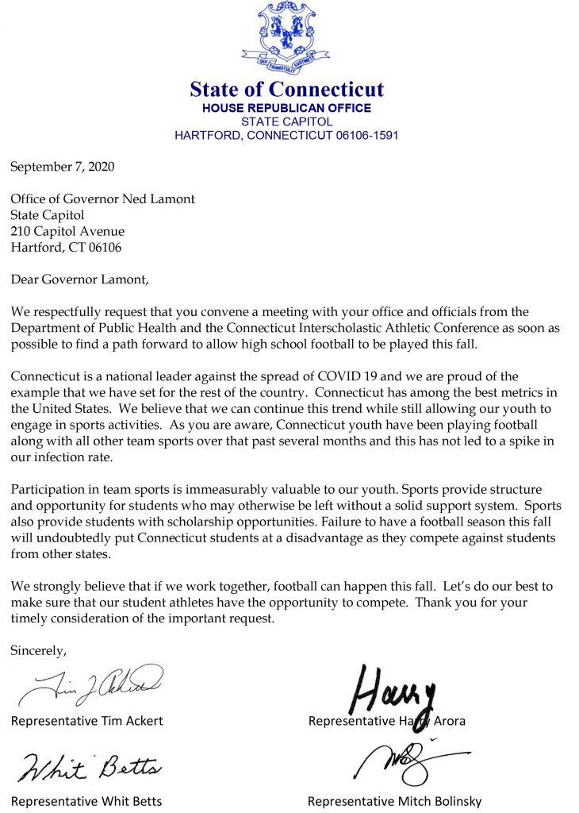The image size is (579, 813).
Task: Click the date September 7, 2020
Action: click(x=63, y=168)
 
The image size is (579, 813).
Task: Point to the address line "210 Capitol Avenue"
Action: click(x=67, y=231)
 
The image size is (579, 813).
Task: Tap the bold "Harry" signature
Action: click(x=394, y=687)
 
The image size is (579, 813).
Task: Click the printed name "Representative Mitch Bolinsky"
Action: click(x=394, y=800)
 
